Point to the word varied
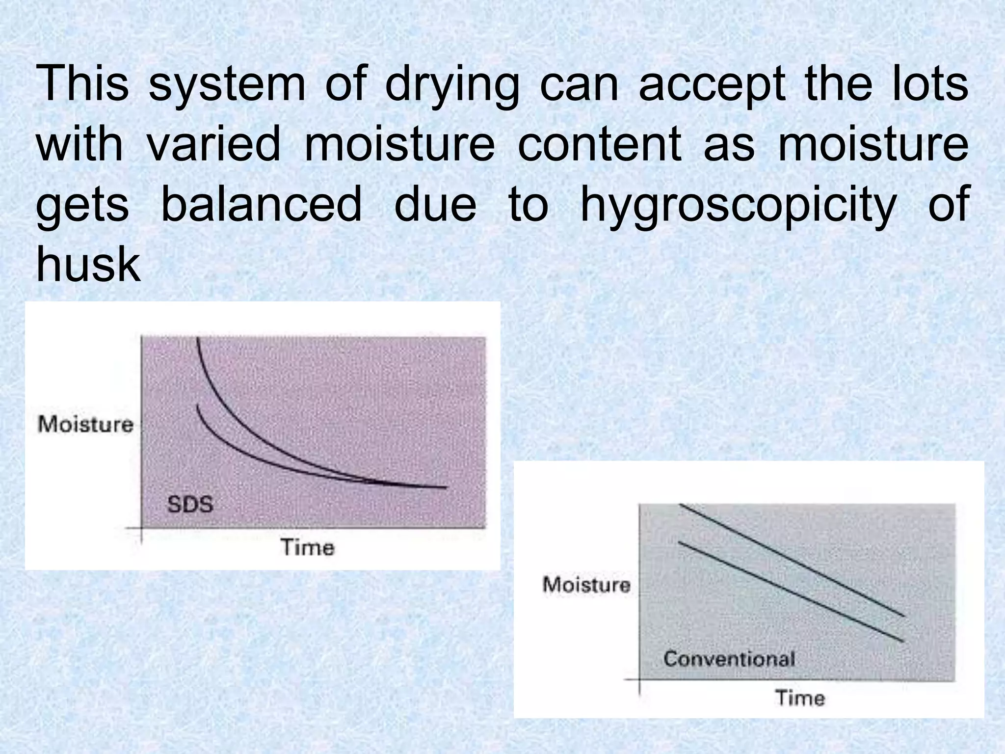point(213,145)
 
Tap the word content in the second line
point(600,145)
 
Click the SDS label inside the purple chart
point(190,505)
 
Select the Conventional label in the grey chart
point(729,659)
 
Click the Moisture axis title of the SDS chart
point(86,425)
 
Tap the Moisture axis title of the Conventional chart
point(586,585)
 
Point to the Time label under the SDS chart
point(308,547)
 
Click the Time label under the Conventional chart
point(800,698)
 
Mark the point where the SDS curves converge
point(388,483)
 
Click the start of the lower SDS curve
point(197,405)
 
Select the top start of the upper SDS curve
point(197,339)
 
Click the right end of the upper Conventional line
point(904,616)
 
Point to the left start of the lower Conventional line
point(679,542)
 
